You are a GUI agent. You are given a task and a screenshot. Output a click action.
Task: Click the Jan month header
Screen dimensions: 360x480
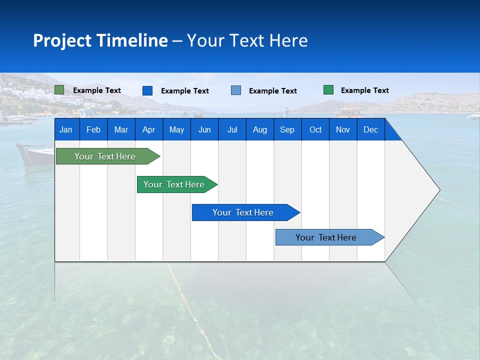(66, 129)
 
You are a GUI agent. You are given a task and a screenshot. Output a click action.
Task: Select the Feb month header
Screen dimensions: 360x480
(93, 129)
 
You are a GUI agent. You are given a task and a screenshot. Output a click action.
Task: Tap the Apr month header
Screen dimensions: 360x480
(149, 129)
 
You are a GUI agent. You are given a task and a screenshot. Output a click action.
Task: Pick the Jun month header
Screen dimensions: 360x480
(204, 129)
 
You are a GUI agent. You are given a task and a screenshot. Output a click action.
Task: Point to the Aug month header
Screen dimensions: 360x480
(260, 129)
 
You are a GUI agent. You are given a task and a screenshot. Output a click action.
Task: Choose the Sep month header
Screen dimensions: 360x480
(287, 129)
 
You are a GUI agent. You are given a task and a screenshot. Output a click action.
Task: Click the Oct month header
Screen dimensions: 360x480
(315, 129)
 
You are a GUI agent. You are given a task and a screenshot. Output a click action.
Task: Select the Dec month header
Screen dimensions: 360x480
(371, 129)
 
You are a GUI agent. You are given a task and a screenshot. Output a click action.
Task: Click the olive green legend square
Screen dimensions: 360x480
(59, 90)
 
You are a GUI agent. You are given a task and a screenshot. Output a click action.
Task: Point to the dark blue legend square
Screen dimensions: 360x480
(147, 90)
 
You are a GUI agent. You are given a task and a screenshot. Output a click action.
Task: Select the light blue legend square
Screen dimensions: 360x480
(236, 90)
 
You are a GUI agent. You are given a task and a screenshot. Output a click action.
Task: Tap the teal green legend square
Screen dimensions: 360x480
(328, 90)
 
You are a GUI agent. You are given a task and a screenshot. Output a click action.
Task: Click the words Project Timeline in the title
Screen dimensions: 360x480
(100, 40)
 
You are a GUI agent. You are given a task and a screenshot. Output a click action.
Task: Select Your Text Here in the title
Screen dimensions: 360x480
(247, 40)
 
